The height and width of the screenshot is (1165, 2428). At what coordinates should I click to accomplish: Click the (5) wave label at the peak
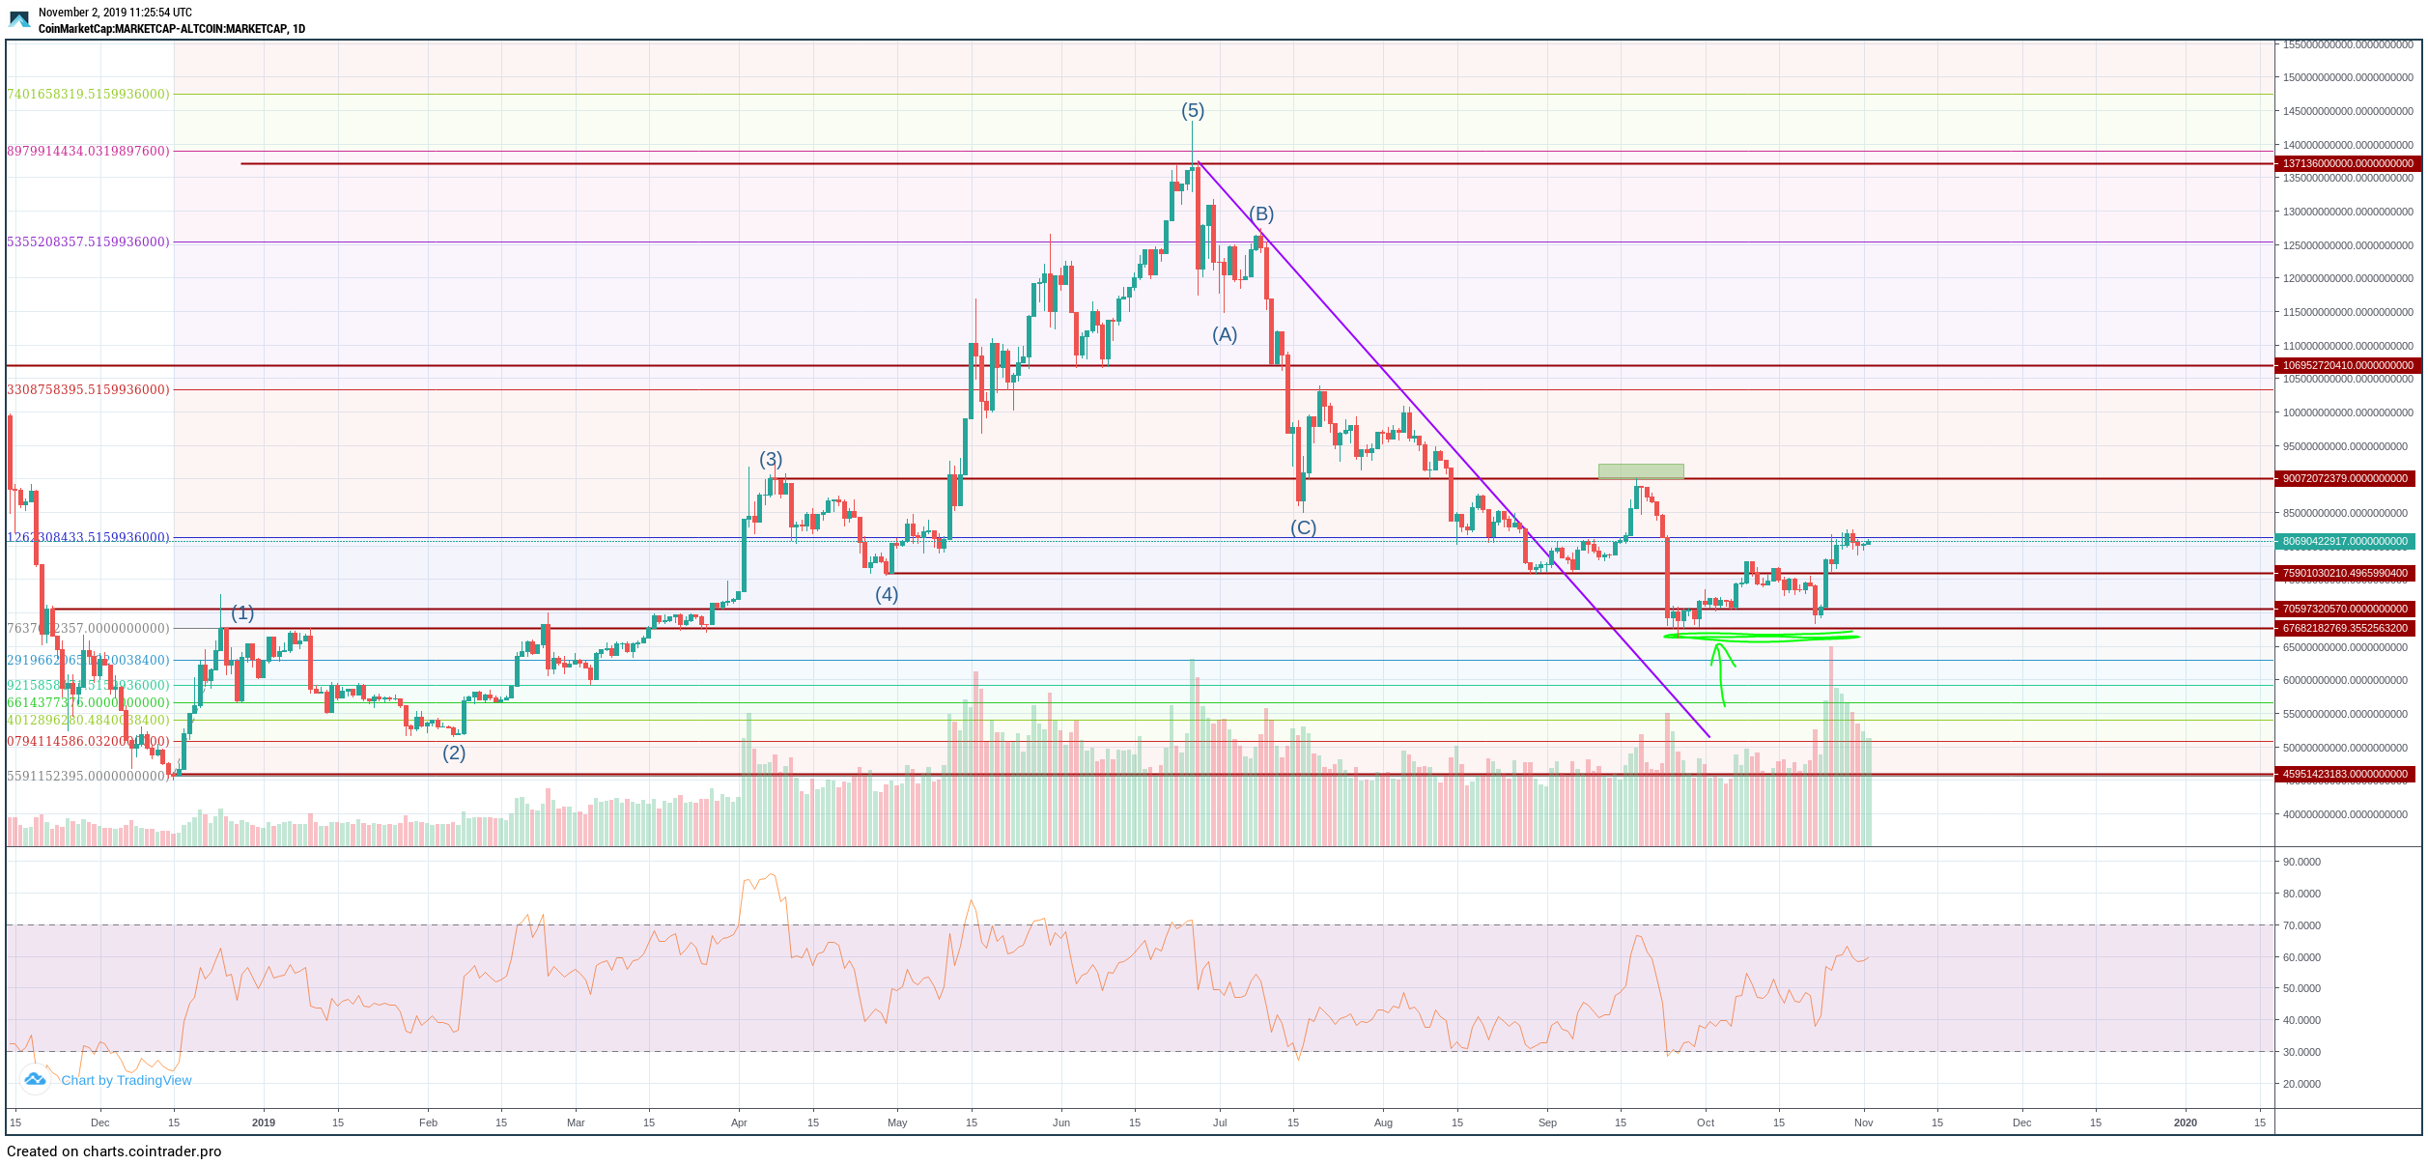pyautogui.click(x=1193, y=111)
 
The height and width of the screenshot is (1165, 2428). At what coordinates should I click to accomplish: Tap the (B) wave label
pyautogui.click(x=1261, y=214)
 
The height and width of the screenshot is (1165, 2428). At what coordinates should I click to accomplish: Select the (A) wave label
pyautogui.click(x=1225, y=335)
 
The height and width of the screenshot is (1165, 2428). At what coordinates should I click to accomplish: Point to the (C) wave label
pyautogui.click(x=1303, y=528)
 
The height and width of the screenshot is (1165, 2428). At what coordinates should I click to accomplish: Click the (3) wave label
pyautogui.click(x=771, y=460)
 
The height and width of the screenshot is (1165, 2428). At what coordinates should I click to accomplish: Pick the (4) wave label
pyautogui.click(x=887, y=595)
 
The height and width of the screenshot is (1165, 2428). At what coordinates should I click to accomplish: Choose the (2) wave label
pyautogui.click(x=454, y=753)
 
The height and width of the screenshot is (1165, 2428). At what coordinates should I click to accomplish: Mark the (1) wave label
pyautogui.click(x=242, y=613)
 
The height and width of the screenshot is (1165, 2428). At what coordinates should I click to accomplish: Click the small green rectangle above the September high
pyautogui.click(x=1641, y=471)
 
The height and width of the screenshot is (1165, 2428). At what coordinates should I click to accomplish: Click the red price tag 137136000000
pyautogui.click(x=2347, y=164)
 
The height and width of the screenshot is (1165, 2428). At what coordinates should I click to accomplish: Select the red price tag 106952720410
pyautogui.click(x=2347, y=366)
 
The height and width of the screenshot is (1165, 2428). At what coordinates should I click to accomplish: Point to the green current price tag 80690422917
pyautogui.click(x=2347, y=542)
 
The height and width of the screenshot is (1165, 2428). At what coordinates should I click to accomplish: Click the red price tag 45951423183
pyautogui.click(x=2347, y=775)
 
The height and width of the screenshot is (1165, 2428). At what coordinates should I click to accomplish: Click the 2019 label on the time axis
pyautogui.click(x=264, y=1122)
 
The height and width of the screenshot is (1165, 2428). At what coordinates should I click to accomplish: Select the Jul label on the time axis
pyautogui.click(x=1220, y=1122)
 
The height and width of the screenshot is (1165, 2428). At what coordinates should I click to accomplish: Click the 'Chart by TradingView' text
pyautogui.click(x=126, y=1081)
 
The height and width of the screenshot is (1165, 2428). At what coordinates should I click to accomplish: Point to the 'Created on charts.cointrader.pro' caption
pyautogui.click(x=114, y=1151)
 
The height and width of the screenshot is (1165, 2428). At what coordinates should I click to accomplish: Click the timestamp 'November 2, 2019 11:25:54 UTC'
pyautogui.click(x=115, y=13)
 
